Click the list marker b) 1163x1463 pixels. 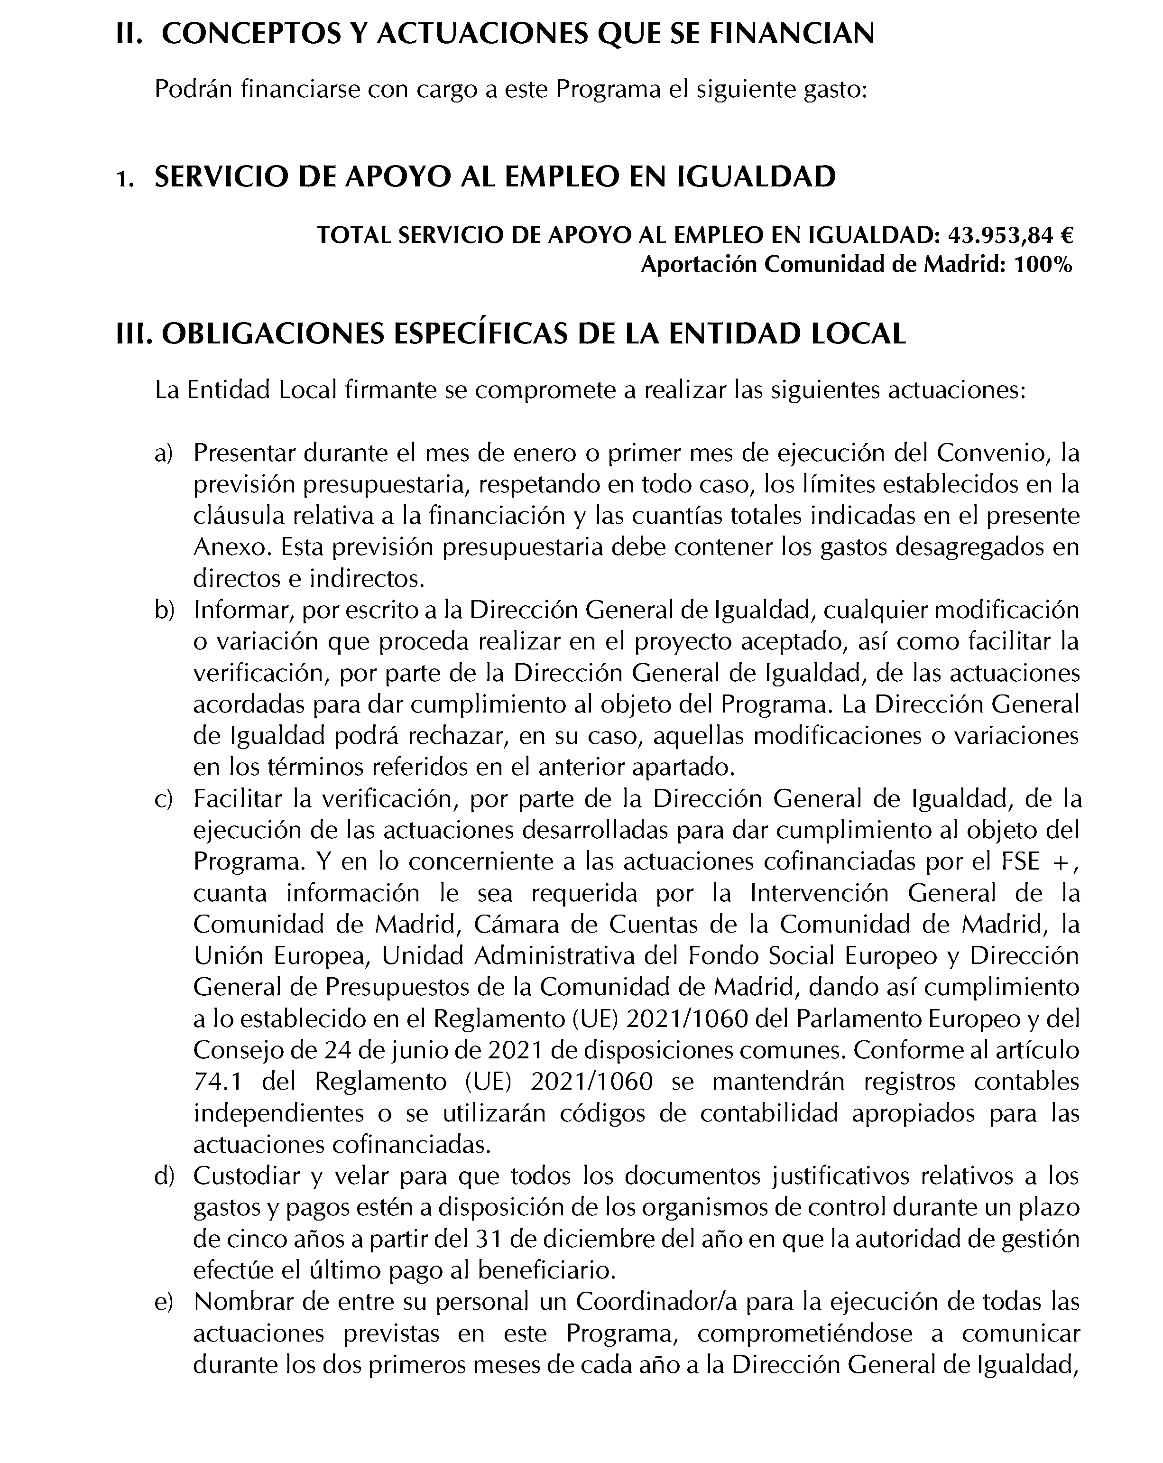[x=164, y=610]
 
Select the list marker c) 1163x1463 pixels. [x=164, y=799]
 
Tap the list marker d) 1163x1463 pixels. [x=164, y=1176]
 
